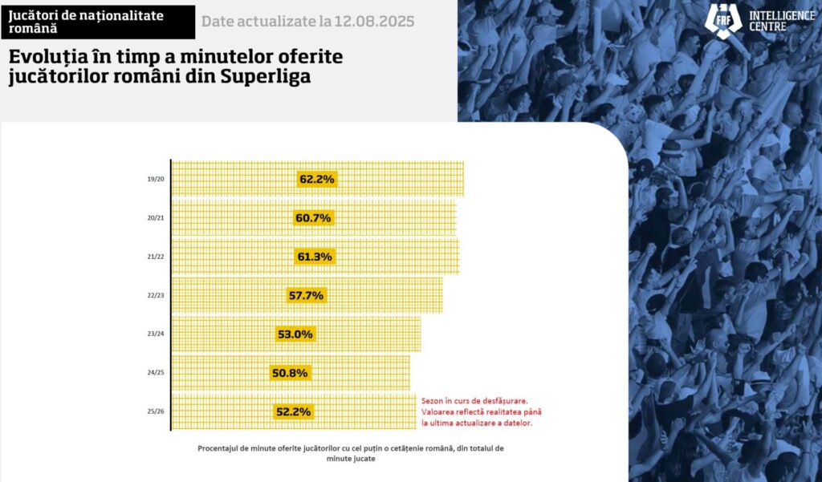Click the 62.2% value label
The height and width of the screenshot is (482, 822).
click(316, 179)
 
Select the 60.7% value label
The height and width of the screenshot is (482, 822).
click(313, 218)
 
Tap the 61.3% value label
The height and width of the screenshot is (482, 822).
click(315, 257)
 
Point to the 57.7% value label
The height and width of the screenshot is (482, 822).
click(306, 295)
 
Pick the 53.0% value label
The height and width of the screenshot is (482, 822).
click(294, 334)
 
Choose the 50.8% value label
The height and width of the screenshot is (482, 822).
click(289, 373)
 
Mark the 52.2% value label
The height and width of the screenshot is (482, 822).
click(292, 411)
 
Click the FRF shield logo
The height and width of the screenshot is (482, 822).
click(722, 19)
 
